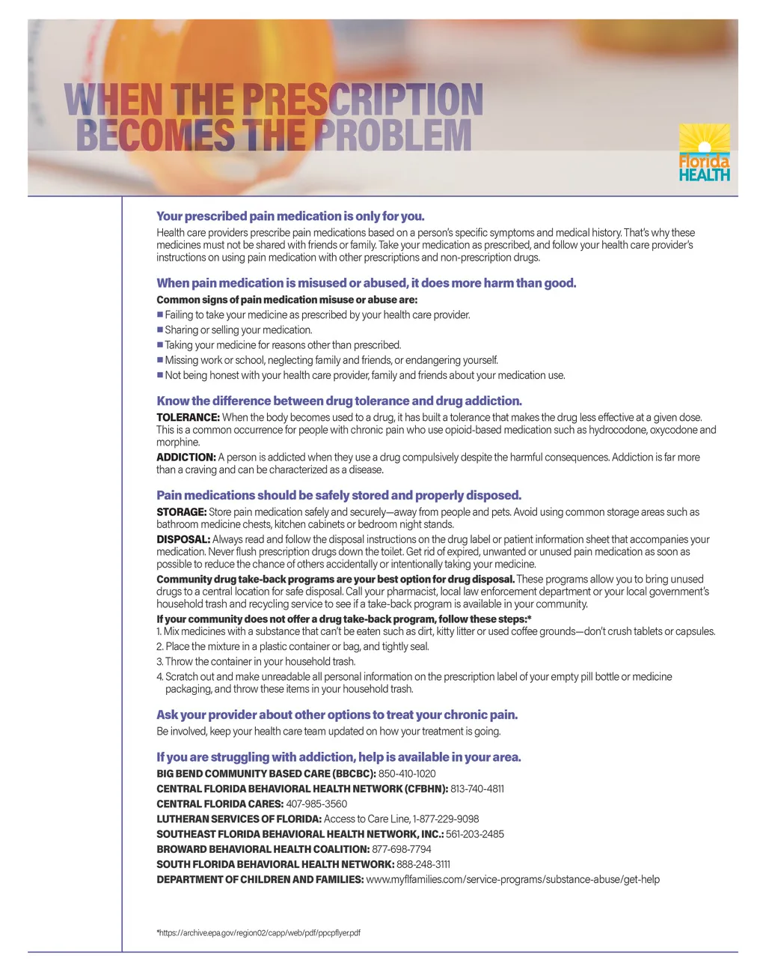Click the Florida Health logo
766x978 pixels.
tap(704, 153)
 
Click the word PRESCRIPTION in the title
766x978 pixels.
tap(363, 100)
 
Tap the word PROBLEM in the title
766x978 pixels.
tap(393, 136)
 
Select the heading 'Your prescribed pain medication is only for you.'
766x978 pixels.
tap(290, 216)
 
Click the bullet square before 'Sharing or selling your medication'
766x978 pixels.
tap(160, 329)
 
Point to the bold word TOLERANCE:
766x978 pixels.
tap(188, 417)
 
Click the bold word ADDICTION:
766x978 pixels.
tap(186, 457)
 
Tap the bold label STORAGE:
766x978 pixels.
tap(181, 512)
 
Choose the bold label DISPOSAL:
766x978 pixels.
tap(183, 539)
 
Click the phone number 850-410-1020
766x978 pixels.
tap(407, 774)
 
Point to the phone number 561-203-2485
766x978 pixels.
tap(475, 834)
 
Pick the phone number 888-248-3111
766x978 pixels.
tap(423, 864)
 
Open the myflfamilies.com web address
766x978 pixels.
tap(512, 879)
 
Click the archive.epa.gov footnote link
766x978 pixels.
tap(260, 932)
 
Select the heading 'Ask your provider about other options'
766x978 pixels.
tap(337, 714)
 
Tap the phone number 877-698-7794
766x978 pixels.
tap(402, 849)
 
